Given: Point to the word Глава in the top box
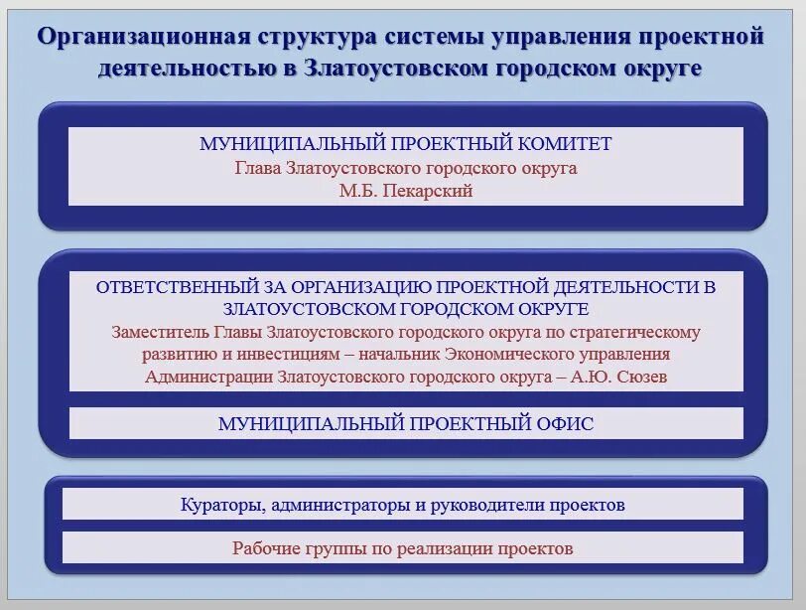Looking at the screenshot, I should coord(257,168).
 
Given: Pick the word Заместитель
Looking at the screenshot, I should coord(158,331).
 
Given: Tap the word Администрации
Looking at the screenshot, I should coord(204,377).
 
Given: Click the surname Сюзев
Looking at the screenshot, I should coord(639,377).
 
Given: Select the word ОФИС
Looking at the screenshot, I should coord(566,424).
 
